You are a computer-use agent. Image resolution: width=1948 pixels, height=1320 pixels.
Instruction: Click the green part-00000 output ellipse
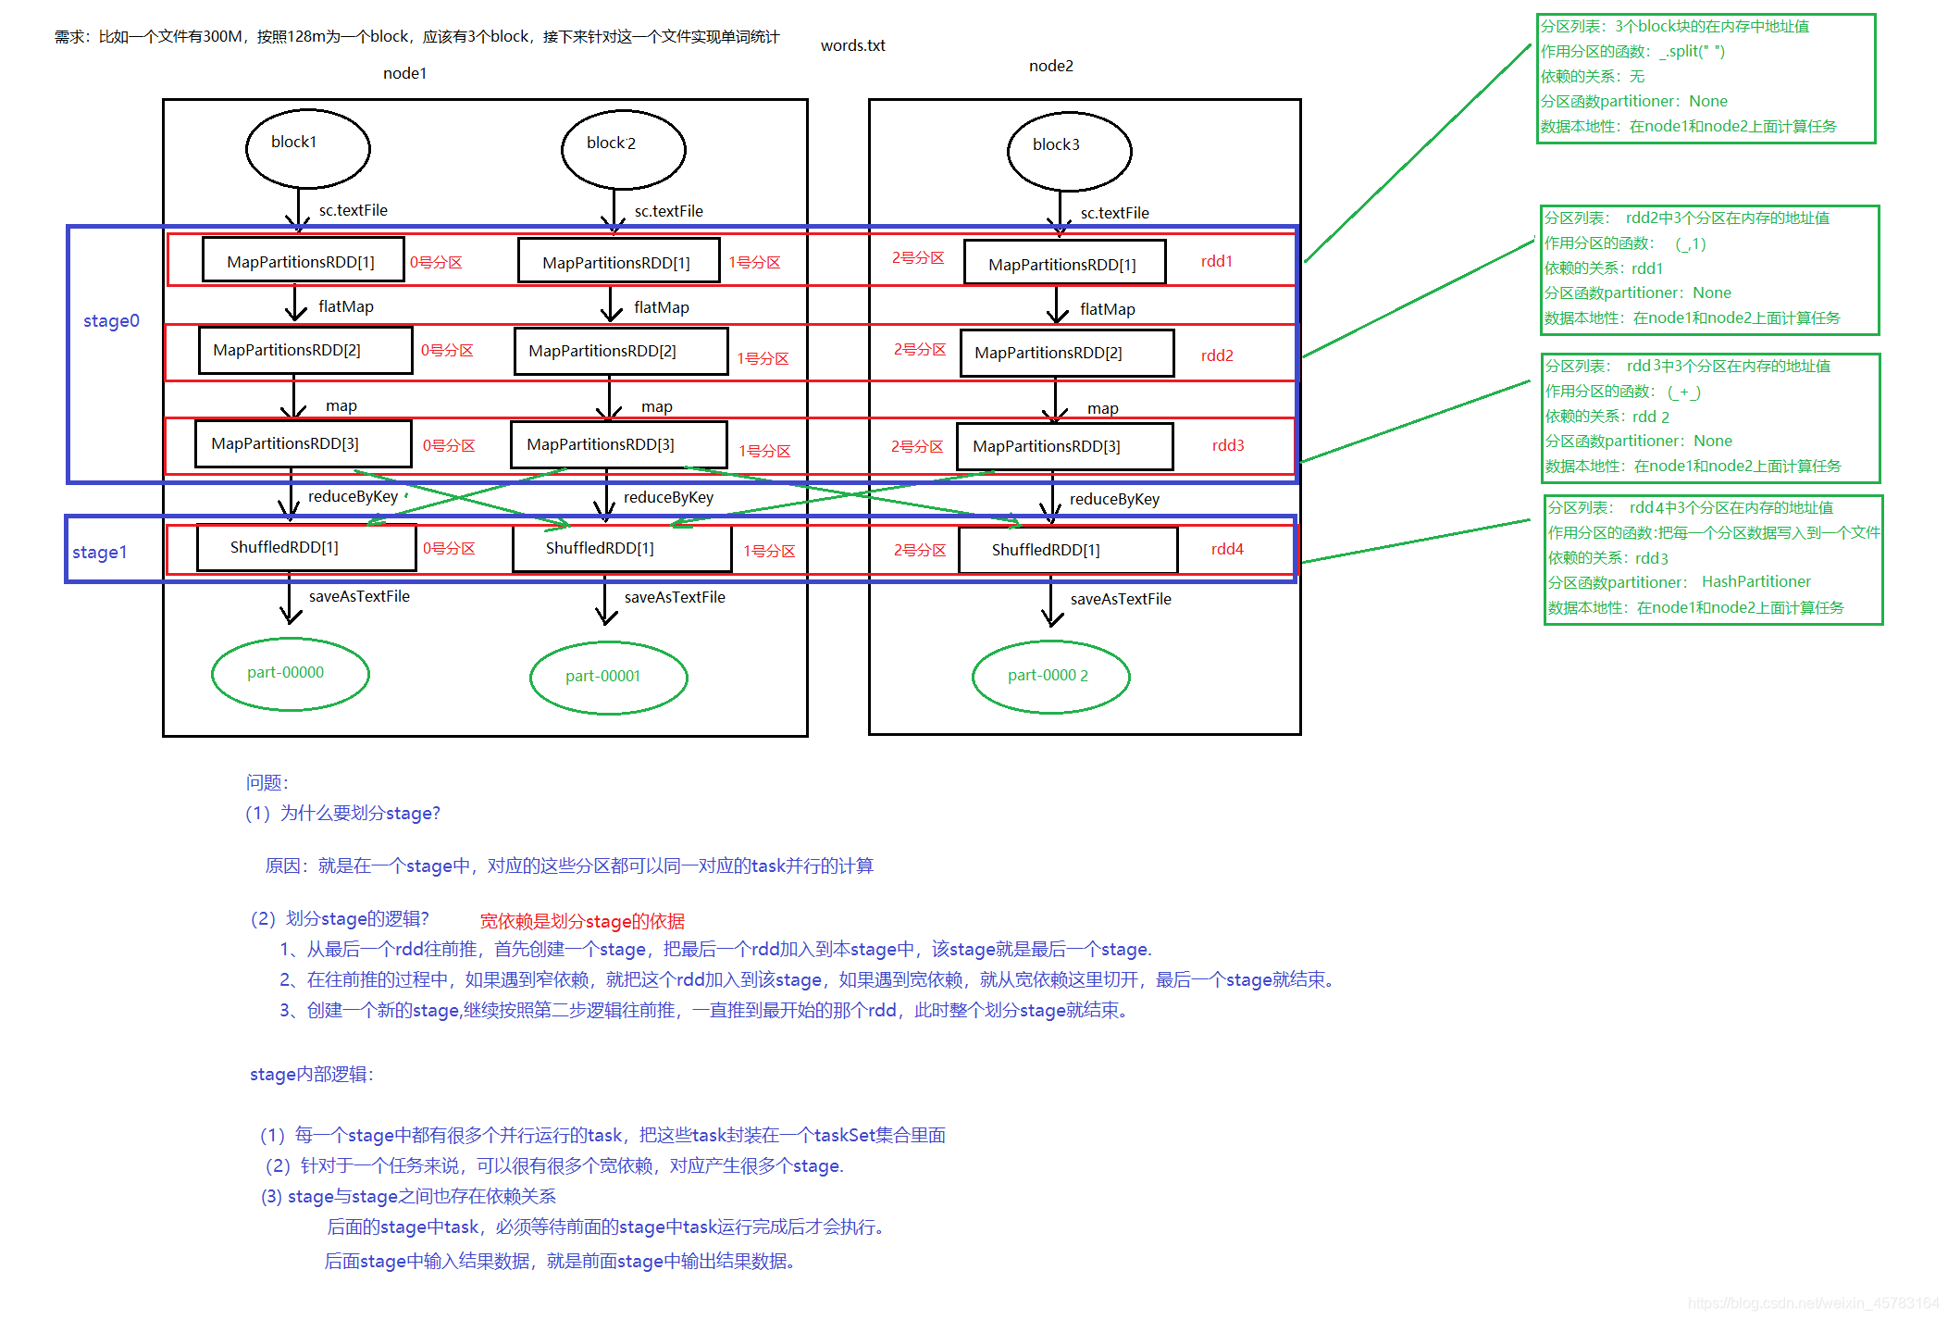coord(290,674)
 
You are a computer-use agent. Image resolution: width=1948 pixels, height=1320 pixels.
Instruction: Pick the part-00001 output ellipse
coord(608,678)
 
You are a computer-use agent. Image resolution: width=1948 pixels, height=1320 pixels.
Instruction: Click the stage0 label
coord(111,321)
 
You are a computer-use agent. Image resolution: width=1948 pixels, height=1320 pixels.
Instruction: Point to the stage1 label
coord(99,553)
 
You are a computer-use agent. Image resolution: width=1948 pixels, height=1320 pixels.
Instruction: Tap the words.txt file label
coord(852,45)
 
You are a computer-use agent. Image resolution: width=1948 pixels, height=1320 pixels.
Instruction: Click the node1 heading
coord(404,73)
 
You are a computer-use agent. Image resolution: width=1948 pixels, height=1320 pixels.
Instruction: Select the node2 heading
coord(1050,66)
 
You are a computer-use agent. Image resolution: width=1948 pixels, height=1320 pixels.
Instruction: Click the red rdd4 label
coord(1227,549)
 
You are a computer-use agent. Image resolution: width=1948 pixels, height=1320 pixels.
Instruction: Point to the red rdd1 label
coord(1216,261)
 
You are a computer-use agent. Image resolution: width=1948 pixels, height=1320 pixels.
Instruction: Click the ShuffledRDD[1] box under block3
coord(1067,550)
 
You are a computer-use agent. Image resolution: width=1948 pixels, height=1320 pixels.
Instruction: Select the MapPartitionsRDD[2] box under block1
coord(304,350)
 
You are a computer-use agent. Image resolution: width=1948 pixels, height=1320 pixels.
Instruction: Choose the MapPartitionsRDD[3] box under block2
coord(618,444)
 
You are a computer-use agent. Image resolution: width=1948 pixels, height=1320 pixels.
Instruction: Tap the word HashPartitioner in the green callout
coord(1756,581)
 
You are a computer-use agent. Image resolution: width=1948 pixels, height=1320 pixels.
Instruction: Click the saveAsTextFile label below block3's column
coord(1120,599)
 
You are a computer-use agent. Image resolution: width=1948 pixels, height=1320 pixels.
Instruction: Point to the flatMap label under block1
coord(345,306)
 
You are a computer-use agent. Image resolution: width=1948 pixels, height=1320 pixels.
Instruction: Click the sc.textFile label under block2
coord(668,211)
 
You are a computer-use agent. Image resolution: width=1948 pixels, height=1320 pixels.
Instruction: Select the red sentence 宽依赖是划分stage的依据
coord(582,921)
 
